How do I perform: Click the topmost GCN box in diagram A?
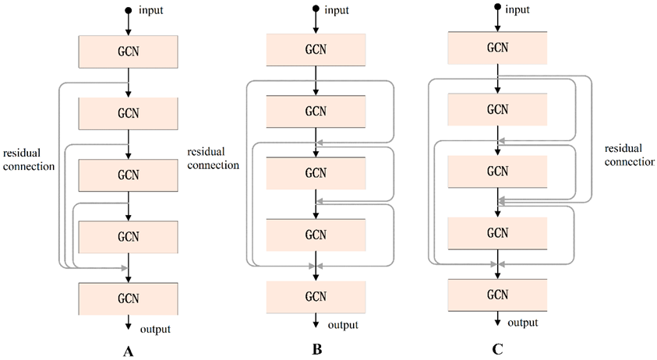click(x=129, y=50)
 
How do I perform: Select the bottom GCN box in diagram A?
click(x=129, y=297)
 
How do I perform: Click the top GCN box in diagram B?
click(x=316, y=50)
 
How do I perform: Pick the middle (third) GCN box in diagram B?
click(x=316, y=172)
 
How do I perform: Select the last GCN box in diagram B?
click(x=316, y=296)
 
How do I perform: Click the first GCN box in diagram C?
click(x=497, y=47)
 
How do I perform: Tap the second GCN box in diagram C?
click(x=497, y=109)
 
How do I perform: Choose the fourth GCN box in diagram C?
click(x=497, y=233)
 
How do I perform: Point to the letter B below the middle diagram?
click(x=316, y=350)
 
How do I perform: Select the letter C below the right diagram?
click(x=497, y=350)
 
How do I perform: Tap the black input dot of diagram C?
click(x=497, y=8)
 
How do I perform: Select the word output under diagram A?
click(x=155, y=329)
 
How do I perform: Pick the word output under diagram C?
click(x=524, y=323)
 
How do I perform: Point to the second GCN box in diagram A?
click(x=129, y=111)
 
